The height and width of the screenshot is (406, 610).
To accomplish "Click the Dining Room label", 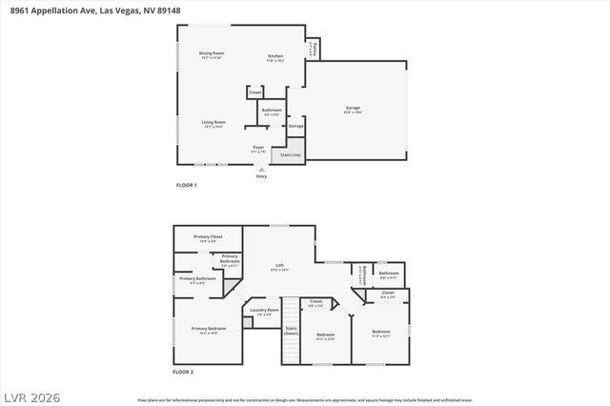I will pyautogui.click(x=212, y=54).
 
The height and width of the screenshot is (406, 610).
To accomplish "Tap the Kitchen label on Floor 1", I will pyautogui.click(x=274, y=58).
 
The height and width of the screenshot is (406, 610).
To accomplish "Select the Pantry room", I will pyautogui.click(x=313, y=48).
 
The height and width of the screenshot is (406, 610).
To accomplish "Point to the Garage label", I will pyautogui.click(x=352, y=111).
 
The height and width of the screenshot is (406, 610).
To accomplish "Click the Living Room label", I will pyautogui.click(x=213, y=124).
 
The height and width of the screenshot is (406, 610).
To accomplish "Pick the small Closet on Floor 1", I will pyautogui.click(x=255, y=92).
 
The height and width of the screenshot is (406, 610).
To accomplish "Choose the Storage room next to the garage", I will pyautogui.click(x=296, y=126).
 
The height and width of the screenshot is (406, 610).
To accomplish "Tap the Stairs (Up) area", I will pyautogui.click(x=290, y=154).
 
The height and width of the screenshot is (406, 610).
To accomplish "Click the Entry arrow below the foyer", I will pyautogui.click(x=262, y=169).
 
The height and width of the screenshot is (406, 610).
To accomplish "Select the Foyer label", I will pyautogui.click(x=257, y=150).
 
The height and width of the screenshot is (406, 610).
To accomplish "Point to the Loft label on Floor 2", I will pyautogui.click(x=279, y=267).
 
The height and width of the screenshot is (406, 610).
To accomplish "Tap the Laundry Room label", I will pyautogui.click(x=264, y=311).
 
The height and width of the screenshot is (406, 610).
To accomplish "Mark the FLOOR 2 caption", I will pyautogui.click(x=183, y=372).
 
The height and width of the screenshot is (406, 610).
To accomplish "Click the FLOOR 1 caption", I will pyautogui.click(x=186, y=185).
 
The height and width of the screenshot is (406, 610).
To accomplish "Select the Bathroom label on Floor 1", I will pyautogui.click(x=272, y=112).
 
